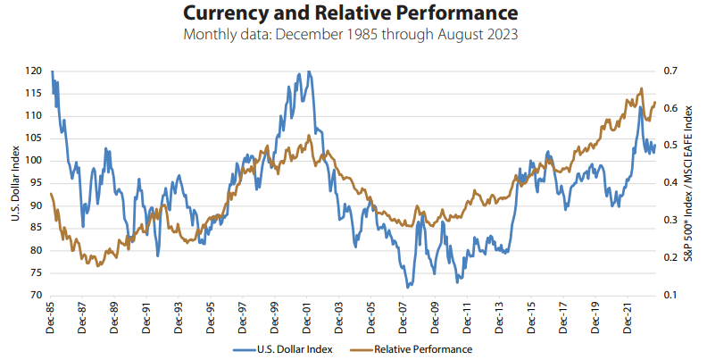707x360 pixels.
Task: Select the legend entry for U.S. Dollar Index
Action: [x=283, y=348]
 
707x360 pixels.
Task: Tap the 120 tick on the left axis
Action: [x=34, y=71]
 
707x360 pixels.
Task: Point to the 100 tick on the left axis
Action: [x=34, y=161]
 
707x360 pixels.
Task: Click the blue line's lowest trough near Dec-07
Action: [x=408, y=288]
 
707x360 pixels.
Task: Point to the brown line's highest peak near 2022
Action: [x=641, y=88]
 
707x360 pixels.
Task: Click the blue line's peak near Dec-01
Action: [x=308, y=71]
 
